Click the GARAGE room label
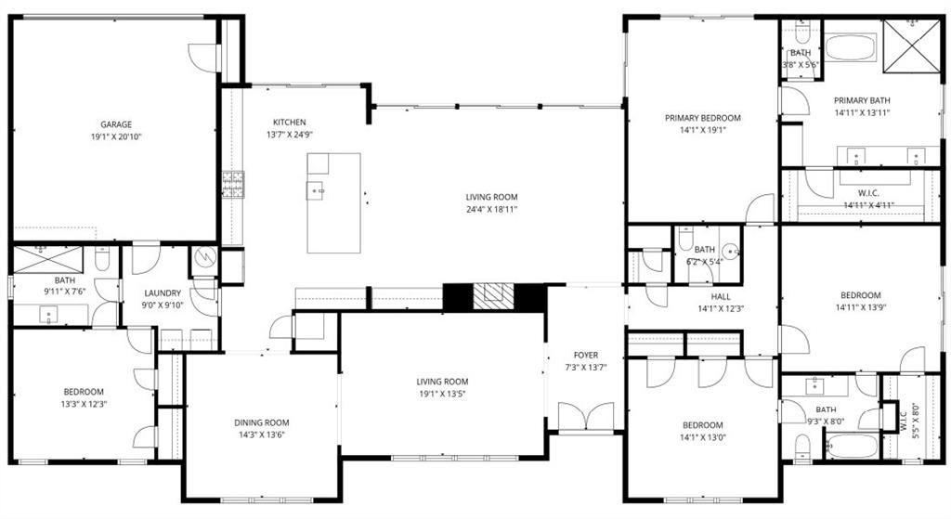[116, 124]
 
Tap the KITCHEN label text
[289, 123]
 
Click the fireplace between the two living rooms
[492, 297]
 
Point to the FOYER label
[585, 355]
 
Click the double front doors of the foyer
[586, 417]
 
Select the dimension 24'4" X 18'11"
[491, 210]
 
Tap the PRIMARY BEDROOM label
[702, 118]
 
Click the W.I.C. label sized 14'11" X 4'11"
[868, 193]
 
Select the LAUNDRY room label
[163, 293]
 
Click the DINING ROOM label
[261, 422]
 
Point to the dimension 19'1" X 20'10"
[116, 137]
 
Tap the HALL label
[720, 297]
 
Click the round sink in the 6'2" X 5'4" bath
[731, 250]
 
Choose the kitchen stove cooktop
[231, 184]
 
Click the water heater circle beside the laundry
[203, 256]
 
